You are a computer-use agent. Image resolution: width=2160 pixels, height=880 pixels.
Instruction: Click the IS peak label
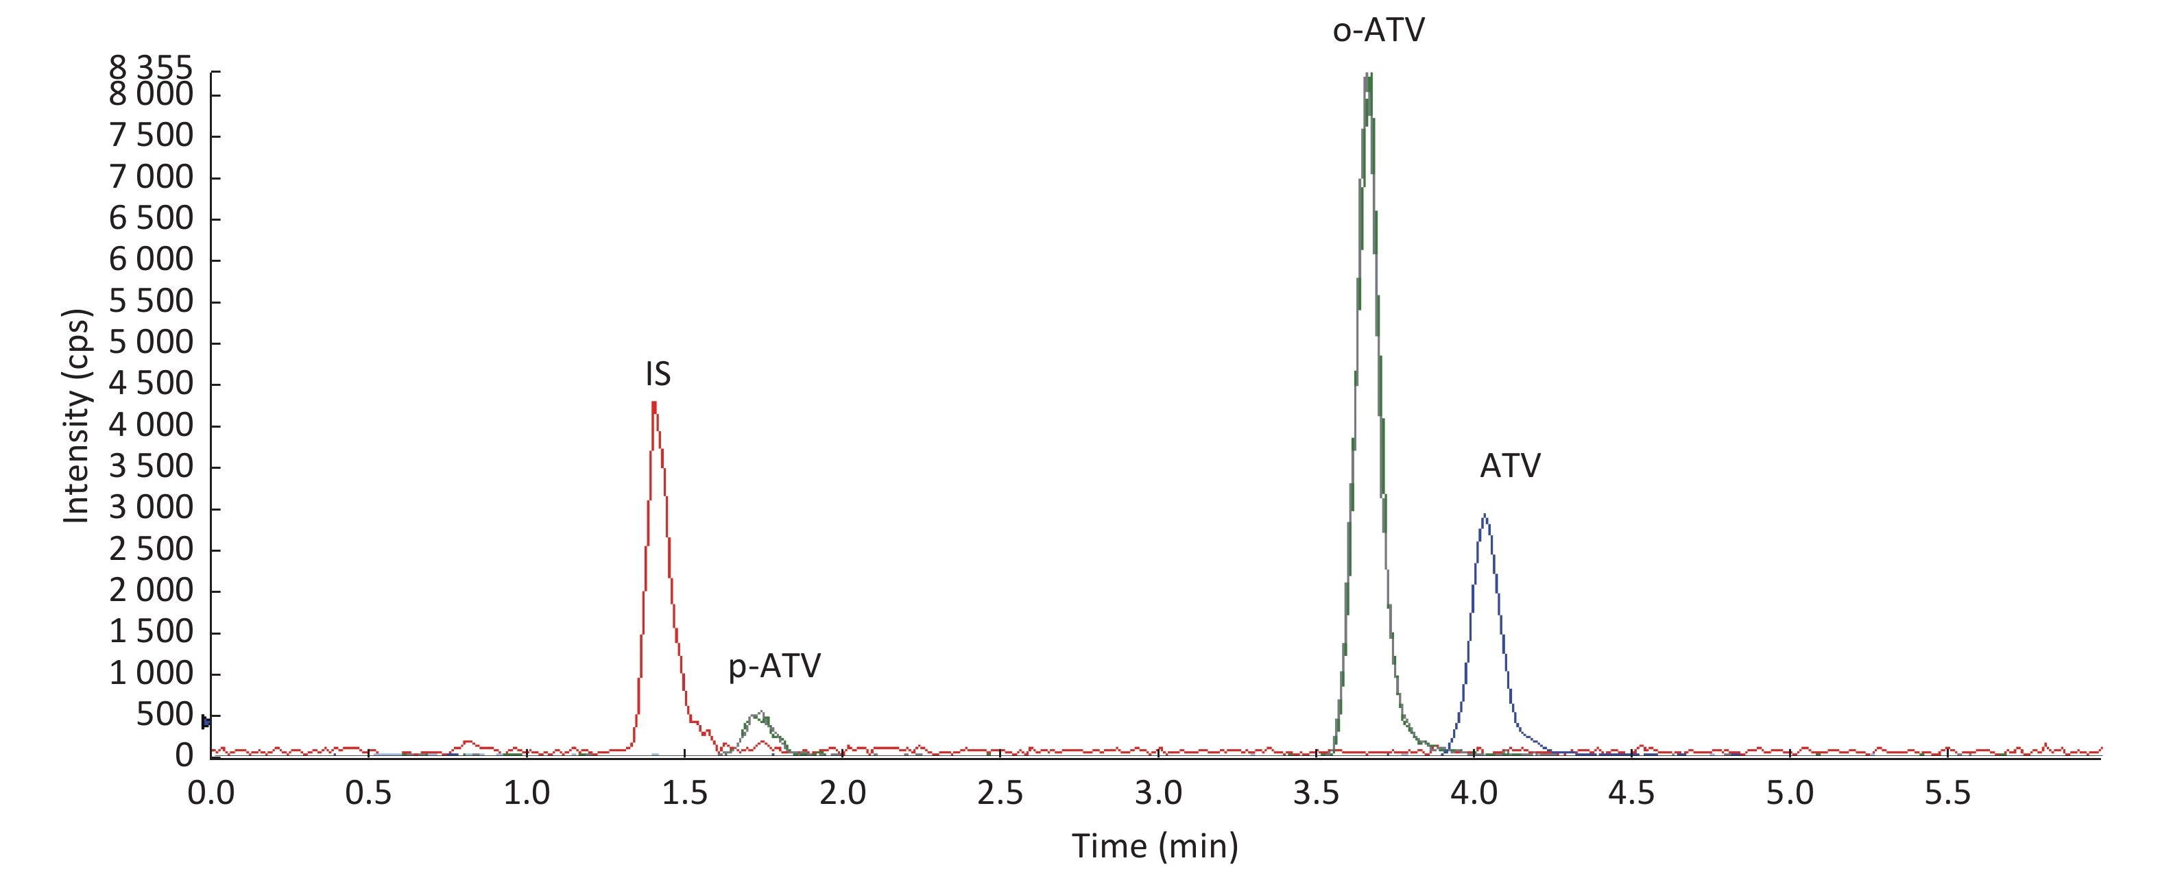[658, 374]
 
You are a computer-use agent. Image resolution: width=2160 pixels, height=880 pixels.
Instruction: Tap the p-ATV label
[774, 666]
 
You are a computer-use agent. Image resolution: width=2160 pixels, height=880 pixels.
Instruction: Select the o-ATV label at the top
[1378, 31]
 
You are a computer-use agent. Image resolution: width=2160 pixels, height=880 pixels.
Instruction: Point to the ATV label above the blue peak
[1509, 466]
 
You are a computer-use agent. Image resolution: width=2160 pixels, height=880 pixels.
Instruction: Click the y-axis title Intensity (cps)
[77, 417]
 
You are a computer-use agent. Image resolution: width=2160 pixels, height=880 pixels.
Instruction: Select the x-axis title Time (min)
[1155, 846]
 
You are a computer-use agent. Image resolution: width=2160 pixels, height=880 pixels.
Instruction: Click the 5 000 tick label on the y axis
[151, 343]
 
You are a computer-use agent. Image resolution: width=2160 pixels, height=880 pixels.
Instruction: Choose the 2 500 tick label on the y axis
[151, 550]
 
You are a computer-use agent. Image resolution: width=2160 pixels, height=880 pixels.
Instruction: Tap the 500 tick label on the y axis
[165, 715]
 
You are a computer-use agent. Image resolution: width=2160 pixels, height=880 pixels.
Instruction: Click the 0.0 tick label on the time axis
[211, 793]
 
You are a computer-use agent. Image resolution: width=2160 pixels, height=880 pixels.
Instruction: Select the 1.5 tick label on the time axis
[684, 793]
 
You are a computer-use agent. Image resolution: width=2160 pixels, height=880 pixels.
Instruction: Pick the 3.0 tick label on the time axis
[1158, 793]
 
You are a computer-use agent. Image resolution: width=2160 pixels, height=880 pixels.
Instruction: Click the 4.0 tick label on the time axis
[1474, 793]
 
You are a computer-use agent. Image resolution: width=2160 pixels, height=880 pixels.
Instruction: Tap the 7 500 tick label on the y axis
[151, 136]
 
